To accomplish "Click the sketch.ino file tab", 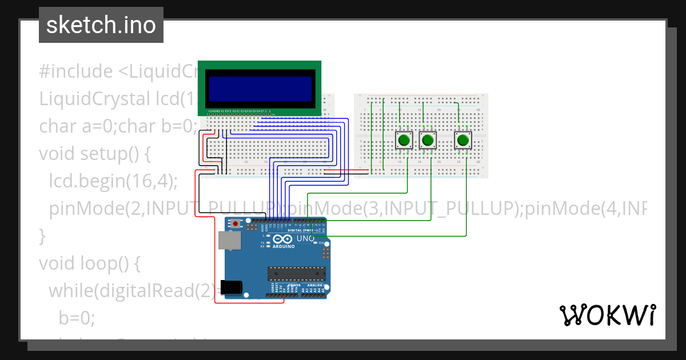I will coord(101,25).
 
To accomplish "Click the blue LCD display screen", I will coord(260,88).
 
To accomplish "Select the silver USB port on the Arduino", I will coord(229,241).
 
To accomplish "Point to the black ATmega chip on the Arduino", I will coord(297,274).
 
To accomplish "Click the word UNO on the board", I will coord(305,238).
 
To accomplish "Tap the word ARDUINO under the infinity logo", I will coord(284,247).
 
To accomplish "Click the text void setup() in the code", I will coord(94,154).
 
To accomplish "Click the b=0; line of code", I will coord(76,318).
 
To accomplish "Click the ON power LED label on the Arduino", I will coord(321,243).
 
